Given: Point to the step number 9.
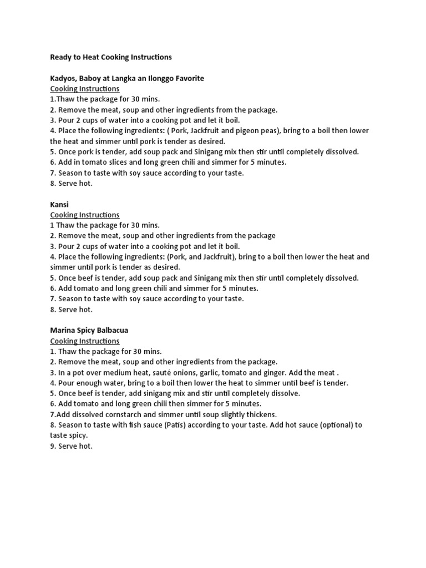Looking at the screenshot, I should click(x=53, y=446).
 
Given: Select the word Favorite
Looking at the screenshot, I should click(x=187, y=78).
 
